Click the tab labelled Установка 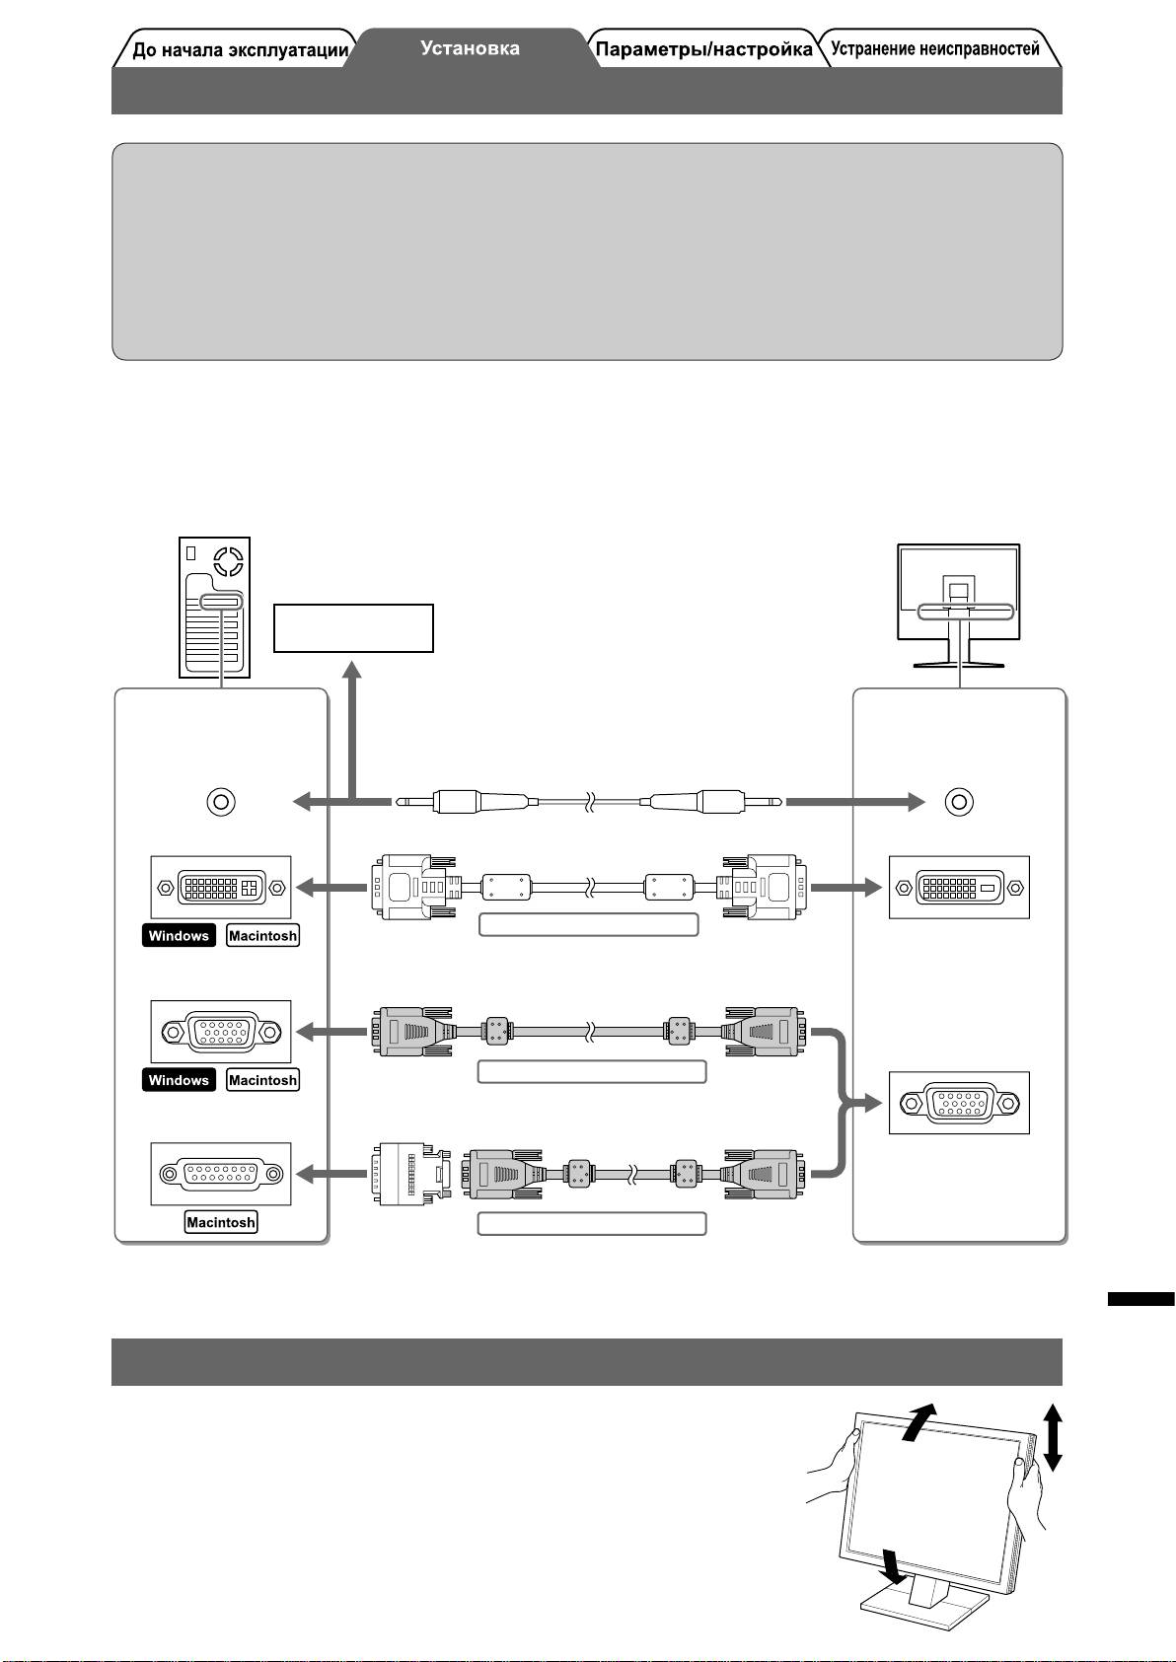(x=470, y=47)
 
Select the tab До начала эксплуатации (x=240, y=50)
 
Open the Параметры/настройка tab (x=704, y=49)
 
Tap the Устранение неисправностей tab (x=934, y=49)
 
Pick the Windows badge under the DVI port (x=179, y=936)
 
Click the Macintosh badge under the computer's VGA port (x=262, y=1080)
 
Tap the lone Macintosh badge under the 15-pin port (x=221, y=1222)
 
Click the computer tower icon (x=215, y=607)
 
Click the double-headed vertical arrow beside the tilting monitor (x=1053, y=1437)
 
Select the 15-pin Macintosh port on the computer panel (x=221, y=1174)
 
